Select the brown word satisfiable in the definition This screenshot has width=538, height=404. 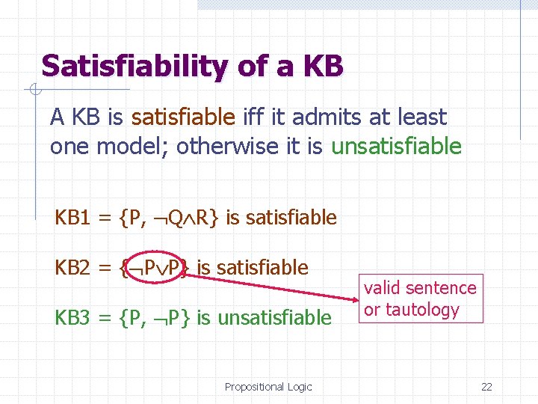(183, 117)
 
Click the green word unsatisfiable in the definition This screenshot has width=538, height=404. (396, 146)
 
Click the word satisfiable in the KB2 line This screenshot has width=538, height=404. (262, 267)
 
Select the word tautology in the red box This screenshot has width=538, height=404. (423, 310)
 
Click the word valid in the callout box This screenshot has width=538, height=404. (383, 288)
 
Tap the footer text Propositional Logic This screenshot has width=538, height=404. (268, 387)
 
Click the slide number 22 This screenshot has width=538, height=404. (486, 387)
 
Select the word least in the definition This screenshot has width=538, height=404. (422, 117)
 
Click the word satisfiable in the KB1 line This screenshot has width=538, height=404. (291, 218)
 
